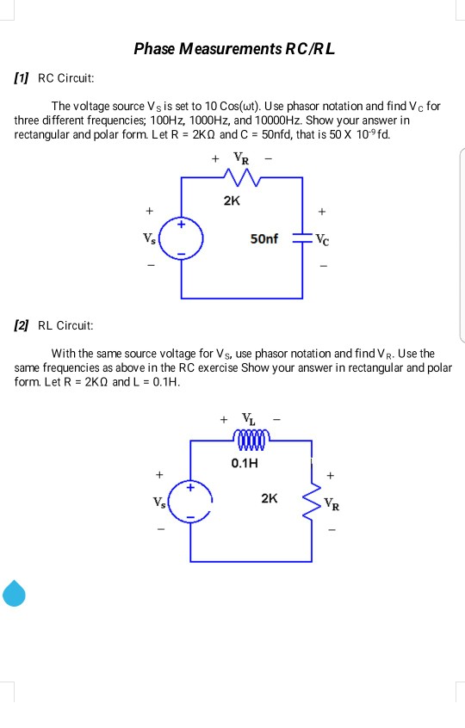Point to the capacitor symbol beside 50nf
(302, 238)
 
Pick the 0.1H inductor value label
(245, 463)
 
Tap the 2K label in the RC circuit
(231, 201)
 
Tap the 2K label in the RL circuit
(270, 497)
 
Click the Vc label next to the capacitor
(322, 238)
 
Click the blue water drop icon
(14, 592)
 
